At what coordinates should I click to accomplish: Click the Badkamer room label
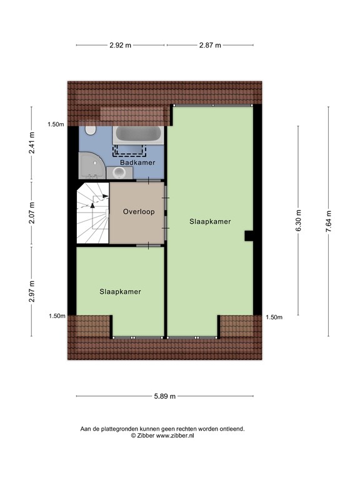(x=137, y=162)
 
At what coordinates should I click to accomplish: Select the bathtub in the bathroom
(x=138, y=135)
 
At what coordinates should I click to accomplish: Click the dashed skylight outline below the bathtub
(x=129, y=149)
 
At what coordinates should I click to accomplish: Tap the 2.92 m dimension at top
(x=121, y=45)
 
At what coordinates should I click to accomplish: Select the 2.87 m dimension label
(x=209, y=45)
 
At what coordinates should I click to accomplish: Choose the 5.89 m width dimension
(x=165, y=396)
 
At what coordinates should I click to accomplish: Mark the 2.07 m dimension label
(x=31, y=212)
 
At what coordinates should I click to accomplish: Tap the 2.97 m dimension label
(x=31, y=291)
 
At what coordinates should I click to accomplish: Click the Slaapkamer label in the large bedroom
(x=210, y=221)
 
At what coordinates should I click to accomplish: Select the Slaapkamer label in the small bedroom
(x=120, y=291)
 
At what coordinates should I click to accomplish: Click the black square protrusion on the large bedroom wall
(x=249, y=236)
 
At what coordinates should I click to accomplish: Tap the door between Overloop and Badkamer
(x=148, y=181)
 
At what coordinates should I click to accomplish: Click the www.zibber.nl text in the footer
(x=177, y=436)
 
